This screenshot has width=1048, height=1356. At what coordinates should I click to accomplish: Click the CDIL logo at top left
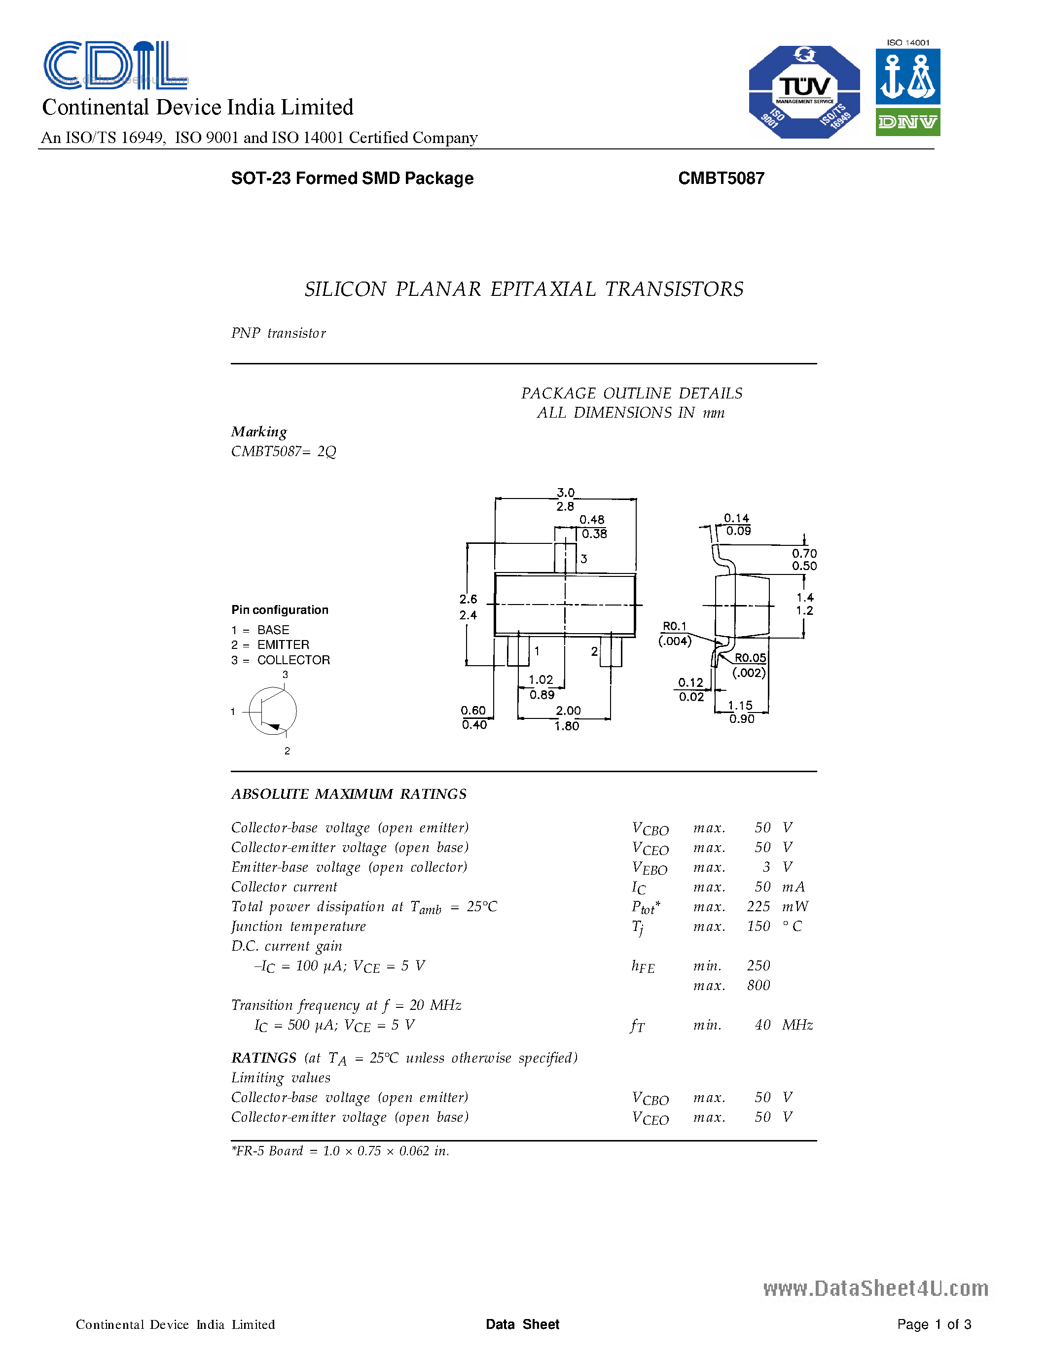pos(115,65)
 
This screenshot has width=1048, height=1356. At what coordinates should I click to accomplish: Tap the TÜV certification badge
pos(804,92)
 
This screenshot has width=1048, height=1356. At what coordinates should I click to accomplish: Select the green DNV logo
pos(907,122)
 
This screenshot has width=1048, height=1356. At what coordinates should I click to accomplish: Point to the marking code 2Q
pos(326,451)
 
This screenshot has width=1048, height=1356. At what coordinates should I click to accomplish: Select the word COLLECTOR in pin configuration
pos(293,660)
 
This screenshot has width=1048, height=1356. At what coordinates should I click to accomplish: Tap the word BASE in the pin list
pos(273,630)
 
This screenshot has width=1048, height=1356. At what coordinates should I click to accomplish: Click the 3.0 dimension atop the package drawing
pos(566,493)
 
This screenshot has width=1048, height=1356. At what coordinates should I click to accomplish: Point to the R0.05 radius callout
pos(750,657)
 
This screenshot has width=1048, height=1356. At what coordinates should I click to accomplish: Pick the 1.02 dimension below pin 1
pos(541,680)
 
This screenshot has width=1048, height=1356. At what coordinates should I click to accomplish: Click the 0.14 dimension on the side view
pos(736,518)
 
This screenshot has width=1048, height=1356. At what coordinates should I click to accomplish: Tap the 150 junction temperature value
pos(759,927)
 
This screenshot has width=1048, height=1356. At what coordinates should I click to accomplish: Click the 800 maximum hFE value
pos(759,985)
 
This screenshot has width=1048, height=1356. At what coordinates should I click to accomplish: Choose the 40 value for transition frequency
pos(762,1025)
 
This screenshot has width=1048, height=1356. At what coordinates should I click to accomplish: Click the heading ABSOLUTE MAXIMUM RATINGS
pos(349,794)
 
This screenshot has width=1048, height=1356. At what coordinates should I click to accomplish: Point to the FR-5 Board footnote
pos(340,1151)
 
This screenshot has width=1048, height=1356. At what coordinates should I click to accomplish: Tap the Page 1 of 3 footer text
pos(934,1324)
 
